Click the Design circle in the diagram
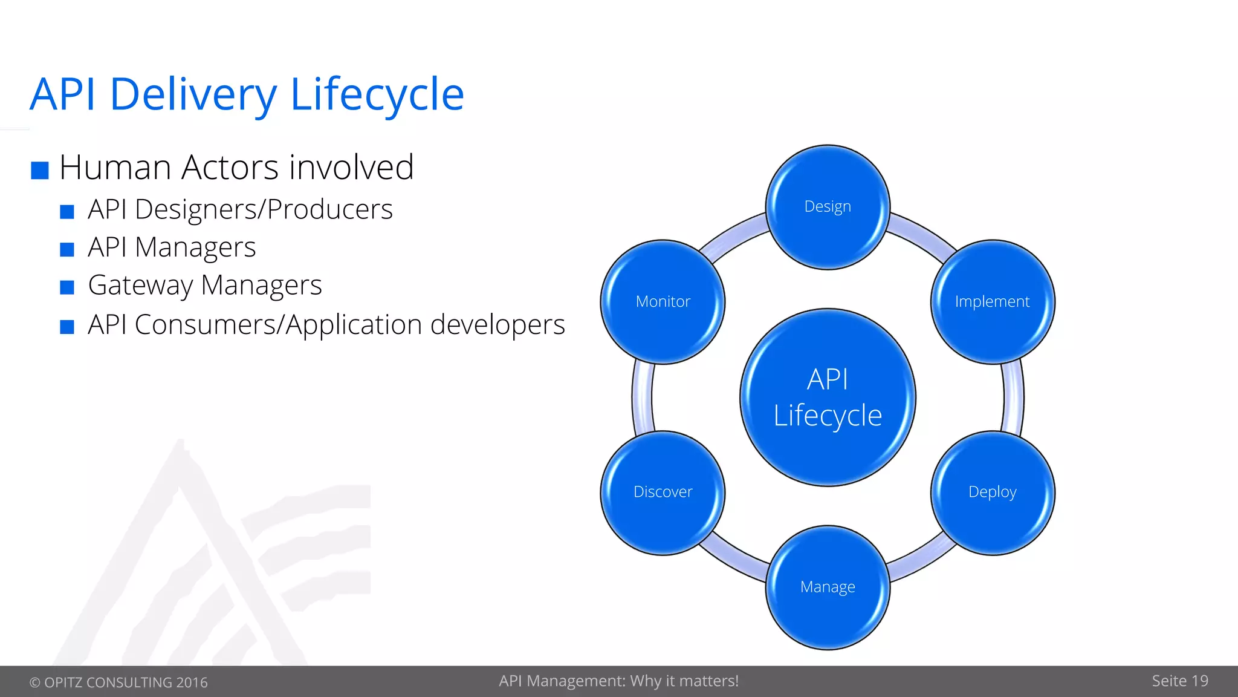pos(828,207)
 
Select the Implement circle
pos(993,302)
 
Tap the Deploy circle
pos(993,492)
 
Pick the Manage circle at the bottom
pos(828,587)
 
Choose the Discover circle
pos(663,492)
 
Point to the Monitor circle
pos(663,302)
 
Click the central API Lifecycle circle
pos(828,398)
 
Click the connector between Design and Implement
pos(924,233)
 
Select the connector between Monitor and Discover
pos(642,398)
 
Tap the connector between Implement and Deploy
pos(1013,398)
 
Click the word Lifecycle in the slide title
pos(377,94)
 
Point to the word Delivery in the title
pos(193,94)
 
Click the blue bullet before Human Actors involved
pos(40,171)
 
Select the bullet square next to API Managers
pos(67,249)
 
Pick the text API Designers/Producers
pos(240,210)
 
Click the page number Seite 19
pos(1179,681)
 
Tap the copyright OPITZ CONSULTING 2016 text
pos(118,682)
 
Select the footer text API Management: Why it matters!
pos(618,681)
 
